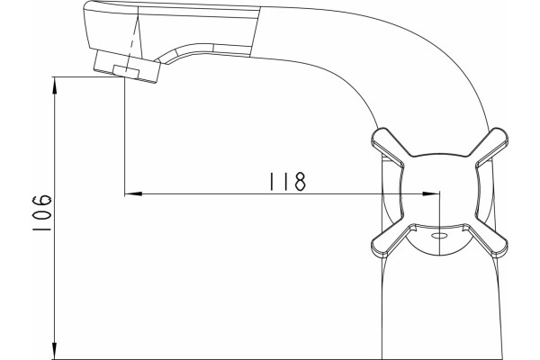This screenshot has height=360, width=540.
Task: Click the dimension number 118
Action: coord(287,182)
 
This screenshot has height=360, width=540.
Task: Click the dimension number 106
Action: coord(41,213)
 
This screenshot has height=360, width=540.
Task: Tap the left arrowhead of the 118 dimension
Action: coord(133,194)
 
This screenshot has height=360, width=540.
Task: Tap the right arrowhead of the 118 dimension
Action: coord(431,194)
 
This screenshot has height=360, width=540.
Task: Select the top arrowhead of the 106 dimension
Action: coord(54,85)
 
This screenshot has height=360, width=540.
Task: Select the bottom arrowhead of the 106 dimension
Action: coord(54,351)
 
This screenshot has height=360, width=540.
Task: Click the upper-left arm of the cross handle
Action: coord(388,147)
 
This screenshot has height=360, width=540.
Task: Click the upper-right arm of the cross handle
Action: coord(491,147)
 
